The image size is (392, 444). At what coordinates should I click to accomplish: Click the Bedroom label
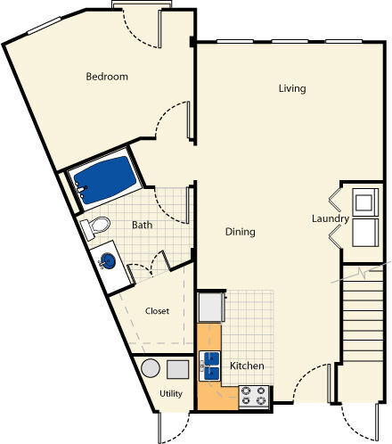tap(107, 77)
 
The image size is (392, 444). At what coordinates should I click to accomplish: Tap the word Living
tap(291, 88)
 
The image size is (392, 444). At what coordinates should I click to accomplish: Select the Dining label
tap(240, 232)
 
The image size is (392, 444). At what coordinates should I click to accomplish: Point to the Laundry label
tap(330, 219)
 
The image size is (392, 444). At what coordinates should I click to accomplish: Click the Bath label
tap(143, 226)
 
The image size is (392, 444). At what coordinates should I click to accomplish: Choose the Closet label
tap(157, 311)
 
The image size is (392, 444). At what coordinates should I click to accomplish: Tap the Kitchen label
tap(246, 366)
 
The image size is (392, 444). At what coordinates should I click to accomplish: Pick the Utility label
tap(171, 393)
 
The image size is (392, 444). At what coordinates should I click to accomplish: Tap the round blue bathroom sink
tap(106, 261)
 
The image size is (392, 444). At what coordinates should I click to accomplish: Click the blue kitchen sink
tap(211, 362)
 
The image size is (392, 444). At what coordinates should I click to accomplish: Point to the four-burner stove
tap(254, 396)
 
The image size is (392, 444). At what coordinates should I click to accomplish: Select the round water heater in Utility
tap(151, 369)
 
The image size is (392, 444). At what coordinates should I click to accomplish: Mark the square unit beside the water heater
tap(178, 369)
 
